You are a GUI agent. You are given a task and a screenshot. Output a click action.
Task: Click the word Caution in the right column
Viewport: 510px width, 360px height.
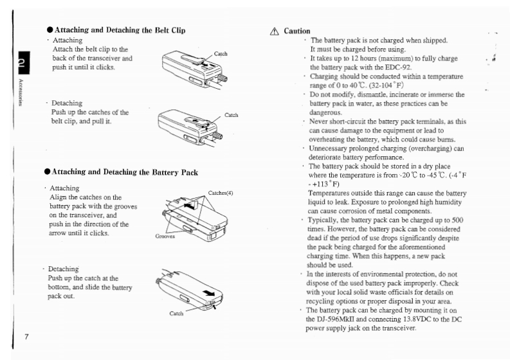click(x=297, y=31)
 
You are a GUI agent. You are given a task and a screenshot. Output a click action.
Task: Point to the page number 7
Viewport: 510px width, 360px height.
click(x=26, y=337)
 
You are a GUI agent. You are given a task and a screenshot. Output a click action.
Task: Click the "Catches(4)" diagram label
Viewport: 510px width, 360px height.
click(x=221, y=193)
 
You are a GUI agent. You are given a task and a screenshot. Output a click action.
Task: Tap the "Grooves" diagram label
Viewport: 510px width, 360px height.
click(x=165, y=236)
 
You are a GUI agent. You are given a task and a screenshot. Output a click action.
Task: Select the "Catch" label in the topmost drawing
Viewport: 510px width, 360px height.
click(x=220, y=54)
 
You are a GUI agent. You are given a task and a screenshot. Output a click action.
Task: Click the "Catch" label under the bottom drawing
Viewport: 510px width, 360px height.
click(x=177, y=314)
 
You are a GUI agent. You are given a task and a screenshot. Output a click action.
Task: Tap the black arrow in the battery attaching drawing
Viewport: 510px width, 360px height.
click(x=188, y=206)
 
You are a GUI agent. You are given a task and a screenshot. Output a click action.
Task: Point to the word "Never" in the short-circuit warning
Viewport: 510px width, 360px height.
click(x=320, y=121)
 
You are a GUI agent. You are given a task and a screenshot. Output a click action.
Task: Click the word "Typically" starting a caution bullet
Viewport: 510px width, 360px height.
click(x=327, y=220)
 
